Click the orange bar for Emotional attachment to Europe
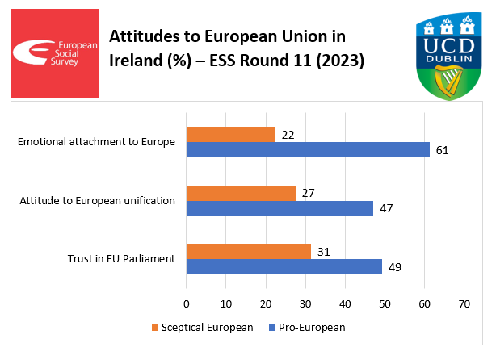[x=230, y=135]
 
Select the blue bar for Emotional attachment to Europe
[x=308, y=150]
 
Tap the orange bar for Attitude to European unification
[x=241, y=193]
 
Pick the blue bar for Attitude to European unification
[x=280, y=208]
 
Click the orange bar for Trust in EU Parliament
[x=249, y=251]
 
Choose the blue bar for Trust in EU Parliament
[x=284, y=266]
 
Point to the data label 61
[x=441, y=150]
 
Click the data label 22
[x=287, y=135]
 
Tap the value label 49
[x=394, y=266]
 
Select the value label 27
[x=307, y=193]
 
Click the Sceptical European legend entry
[x=203, y=328]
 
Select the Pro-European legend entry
[x=313, y=328]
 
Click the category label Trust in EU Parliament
[x=121, y=259]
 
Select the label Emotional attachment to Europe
[x=96, y=143]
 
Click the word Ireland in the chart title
[x=133, y=61]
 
